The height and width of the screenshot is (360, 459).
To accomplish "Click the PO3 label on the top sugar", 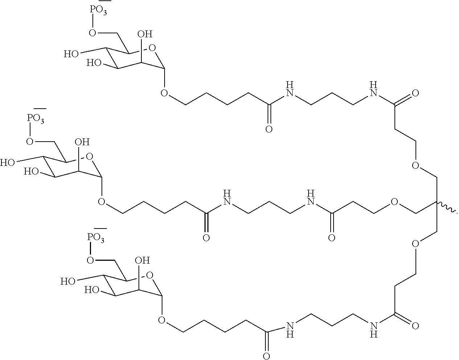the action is (x=98, y=10).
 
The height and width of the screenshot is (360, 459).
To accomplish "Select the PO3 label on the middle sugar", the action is (x=36, y=119).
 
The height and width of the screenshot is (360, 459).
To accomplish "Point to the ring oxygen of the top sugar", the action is (x=152, y=48).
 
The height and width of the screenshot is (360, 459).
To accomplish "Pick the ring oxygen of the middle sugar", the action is (x=89, y=156).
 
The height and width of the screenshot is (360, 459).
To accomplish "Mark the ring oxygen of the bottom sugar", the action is (x=149, y=276).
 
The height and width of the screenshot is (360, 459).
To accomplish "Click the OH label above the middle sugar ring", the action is (x=82, y=142).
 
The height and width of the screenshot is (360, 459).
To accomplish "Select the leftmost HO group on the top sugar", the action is (x=71, y=54).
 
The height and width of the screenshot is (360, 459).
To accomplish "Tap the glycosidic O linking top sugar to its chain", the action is (x=164, y=93).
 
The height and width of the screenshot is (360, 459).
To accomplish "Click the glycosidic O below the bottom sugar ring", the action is (x=162, y=320).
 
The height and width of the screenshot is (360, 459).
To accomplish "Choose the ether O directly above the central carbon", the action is (x=415, y=166).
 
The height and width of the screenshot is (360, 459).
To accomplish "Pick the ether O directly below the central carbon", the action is (x=415, y=244).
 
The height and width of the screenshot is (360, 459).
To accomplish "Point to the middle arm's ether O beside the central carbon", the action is (x=394, y=202).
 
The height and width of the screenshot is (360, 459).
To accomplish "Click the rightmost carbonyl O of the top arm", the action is (x=415, y=93).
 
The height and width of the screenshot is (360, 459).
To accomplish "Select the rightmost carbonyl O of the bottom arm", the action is (x=415, y=326).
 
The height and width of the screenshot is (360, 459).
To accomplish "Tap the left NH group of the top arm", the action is (x=290, y=89).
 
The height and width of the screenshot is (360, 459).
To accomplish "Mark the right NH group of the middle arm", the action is (x=310, y=198).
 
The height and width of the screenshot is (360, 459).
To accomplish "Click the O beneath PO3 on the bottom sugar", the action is (x=90, y=260).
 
